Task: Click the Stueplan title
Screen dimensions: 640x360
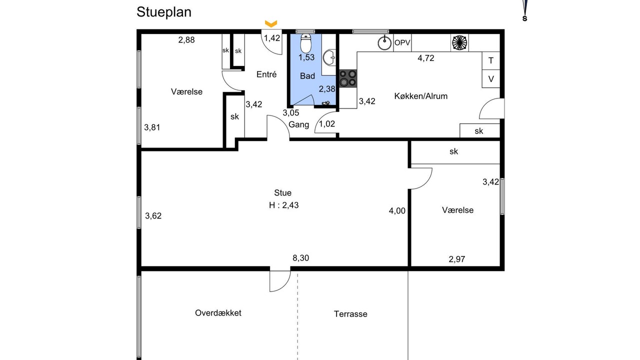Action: pos(164,12)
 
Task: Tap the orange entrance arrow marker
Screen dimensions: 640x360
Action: pos(271,23)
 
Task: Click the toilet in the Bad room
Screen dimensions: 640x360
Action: pos(306,43)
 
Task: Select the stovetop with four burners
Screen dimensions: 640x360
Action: pos(347,78)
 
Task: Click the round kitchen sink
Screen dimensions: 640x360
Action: pos(384,43)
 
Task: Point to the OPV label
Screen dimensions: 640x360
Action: pos(402,43)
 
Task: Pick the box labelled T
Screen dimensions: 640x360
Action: pos(491,60)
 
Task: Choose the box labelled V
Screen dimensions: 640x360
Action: pos(491,79)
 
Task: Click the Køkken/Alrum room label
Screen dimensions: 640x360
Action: pos(421,96)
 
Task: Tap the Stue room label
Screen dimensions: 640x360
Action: pos(283,193)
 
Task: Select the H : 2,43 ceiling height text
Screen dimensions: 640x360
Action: pos(283,205)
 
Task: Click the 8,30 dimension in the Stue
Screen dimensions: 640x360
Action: pos(301,258)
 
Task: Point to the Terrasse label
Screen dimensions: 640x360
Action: pos(350,314)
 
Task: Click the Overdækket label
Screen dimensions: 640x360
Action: pos(218,313)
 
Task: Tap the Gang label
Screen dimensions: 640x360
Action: pos(299,125)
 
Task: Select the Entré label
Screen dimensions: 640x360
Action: pos(266,74)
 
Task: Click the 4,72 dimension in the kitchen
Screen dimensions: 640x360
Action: pos(426,58)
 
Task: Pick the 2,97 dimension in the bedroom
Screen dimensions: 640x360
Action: pos(457,259)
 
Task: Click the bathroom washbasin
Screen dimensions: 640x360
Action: pos(329,57)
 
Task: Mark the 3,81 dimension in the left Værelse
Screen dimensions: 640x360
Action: pos(152,127)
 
